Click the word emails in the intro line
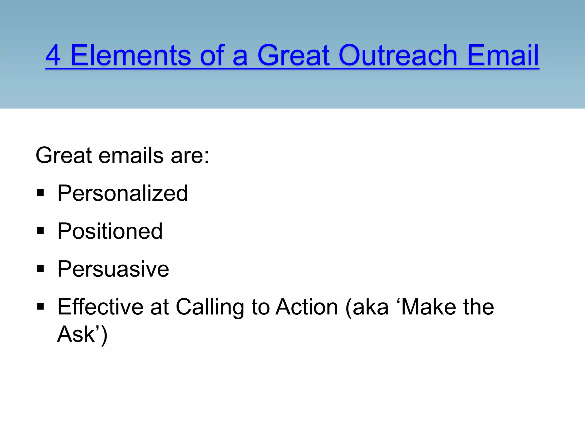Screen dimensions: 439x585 (x=131, y=155)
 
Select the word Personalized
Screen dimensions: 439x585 (x=123, y=193)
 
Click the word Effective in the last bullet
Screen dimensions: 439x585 (x=100, y=307)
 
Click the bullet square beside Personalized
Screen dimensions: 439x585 (x=40, y=193)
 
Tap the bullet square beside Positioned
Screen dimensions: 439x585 (x=40, y=231)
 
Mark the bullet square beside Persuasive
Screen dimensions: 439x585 (x=40, y=269)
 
